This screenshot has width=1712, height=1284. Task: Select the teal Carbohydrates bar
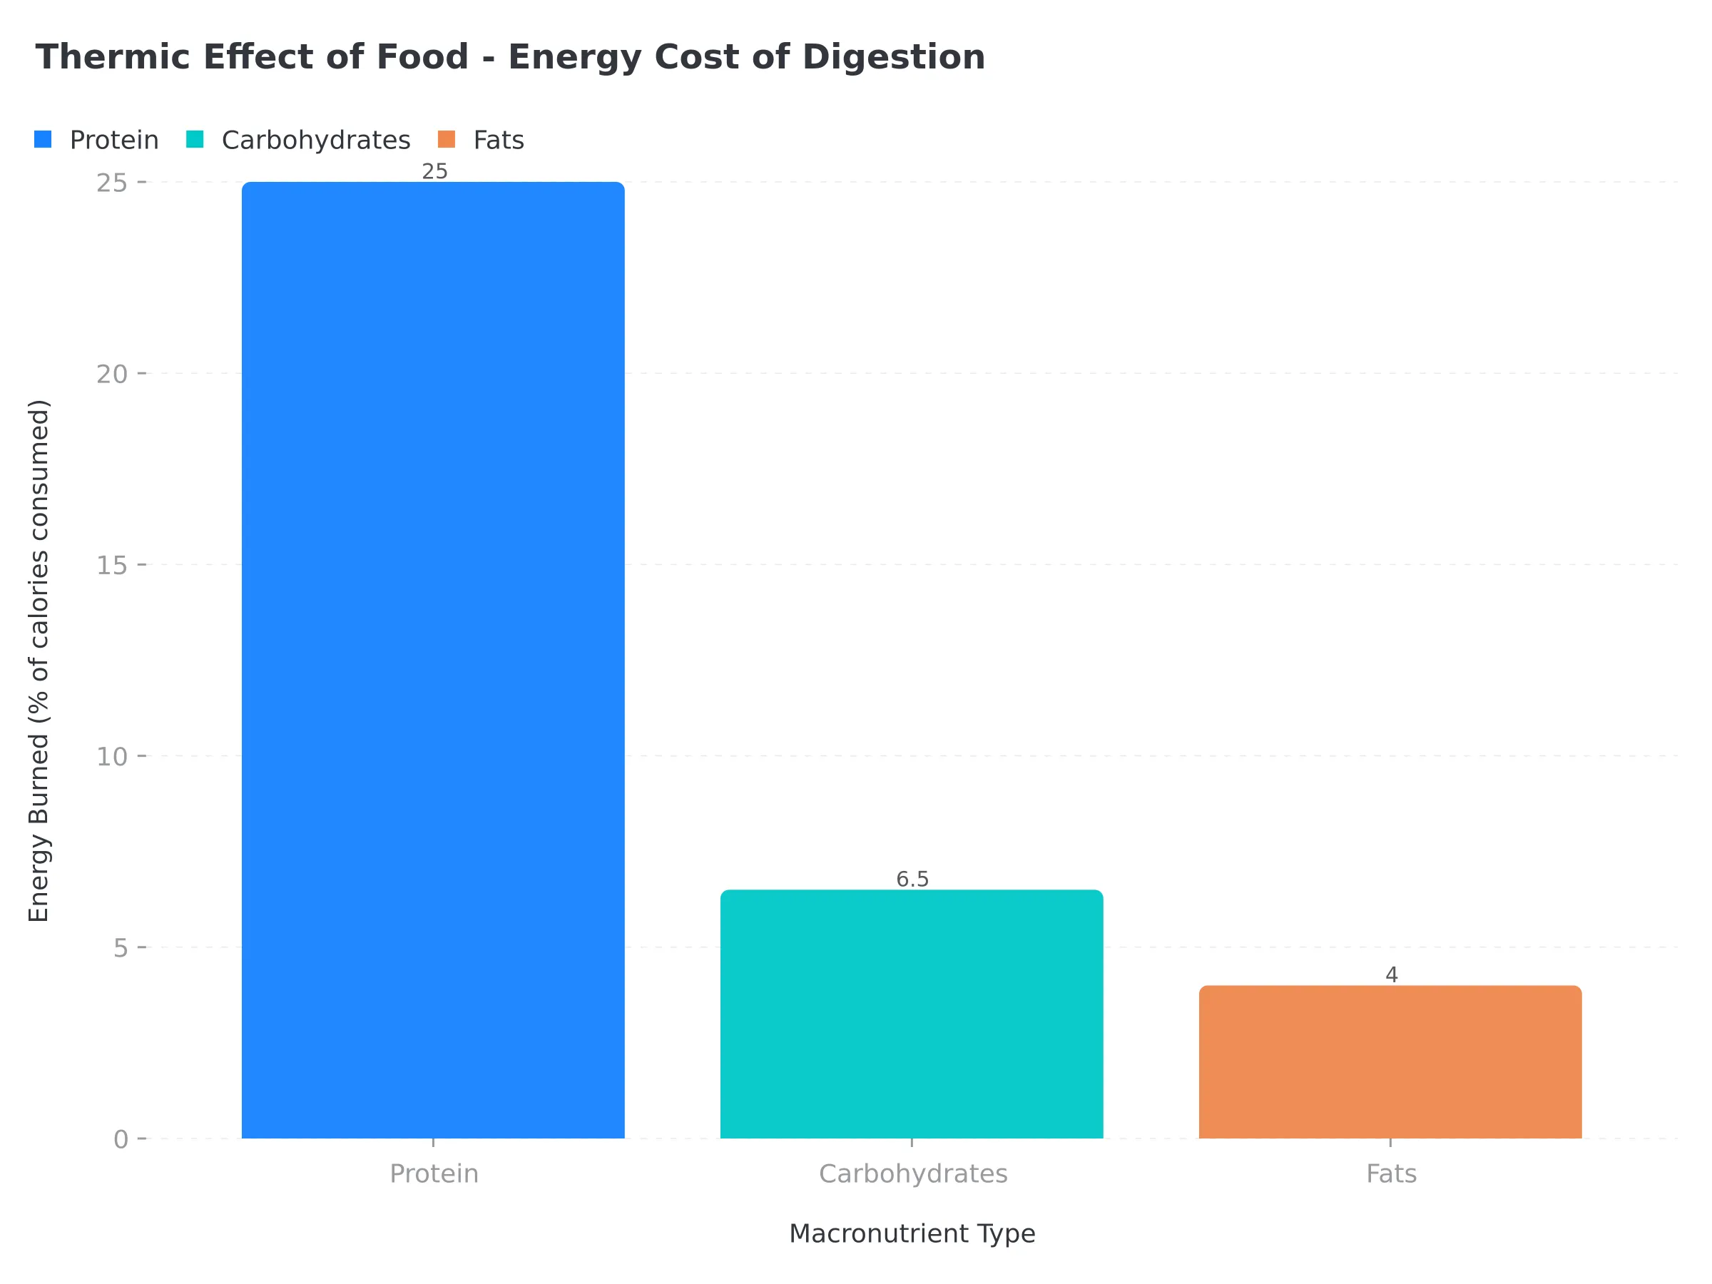tap(912, 1014)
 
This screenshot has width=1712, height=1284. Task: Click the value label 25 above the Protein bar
tap(434, 171)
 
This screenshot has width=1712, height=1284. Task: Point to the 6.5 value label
tap(912, 880)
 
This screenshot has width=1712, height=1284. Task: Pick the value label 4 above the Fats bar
tap(1391, 975)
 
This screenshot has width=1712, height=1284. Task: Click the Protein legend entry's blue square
tap(44, 139)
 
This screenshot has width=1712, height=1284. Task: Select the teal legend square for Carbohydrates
tap(195, 139)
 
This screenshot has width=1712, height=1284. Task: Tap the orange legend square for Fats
tap(447, 139)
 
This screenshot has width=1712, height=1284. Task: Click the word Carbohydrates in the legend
tap(316, 140)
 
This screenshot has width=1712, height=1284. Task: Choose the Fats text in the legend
tap(499, 140)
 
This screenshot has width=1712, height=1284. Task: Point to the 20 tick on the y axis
tap(111, 374)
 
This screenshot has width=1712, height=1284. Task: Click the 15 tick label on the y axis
tap(111, 565)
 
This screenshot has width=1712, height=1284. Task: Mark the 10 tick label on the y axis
tap(111, 756)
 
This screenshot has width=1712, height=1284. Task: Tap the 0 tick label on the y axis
tap(121, 1139)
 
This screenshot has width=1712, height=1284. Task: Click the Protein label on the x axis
tap(434, 1174)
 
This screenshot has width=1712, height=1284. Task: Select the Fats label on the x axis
tap(1391, 1174)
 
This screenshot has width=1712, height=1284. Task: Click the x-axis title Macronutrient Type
tap(912, 1233)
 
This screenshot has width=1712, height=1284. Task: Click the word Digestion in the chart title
tap(893, 57)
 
